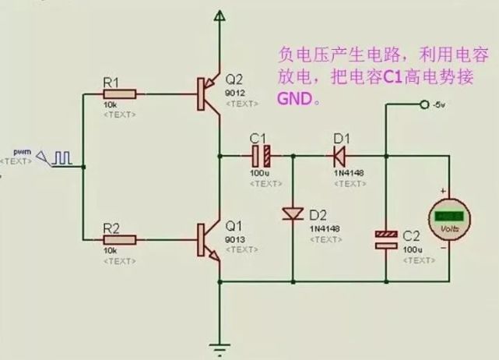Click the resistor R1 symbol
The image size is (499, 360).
(120, 94)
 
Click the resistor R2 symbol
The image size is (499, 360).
(120, 239)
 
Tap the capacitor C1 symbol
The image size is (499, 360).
(265, 154)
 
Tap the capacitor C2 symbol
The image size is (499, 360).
(386, 239)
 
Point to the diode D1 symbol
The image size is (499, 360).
(339, 154)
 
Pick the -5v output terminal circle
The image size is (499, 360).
(423, 104)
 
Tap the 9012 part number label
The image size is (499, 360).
(234, 93)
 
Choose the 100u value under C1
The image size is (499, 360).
(259, 172)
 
